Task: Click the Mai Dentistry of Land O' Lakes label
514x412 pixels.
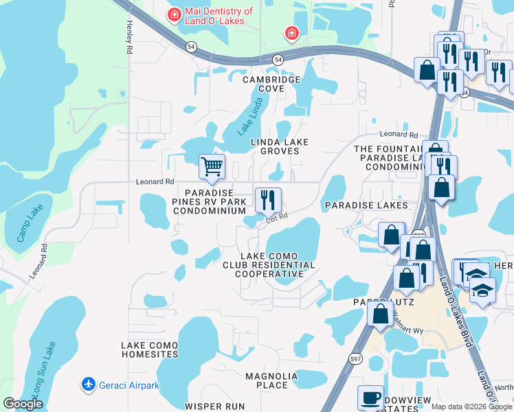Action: pos(219,16)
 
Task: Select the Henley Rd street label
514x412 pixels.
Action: pos(128,36)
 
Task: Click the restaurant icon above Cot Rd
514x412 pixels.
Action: pos(267,200)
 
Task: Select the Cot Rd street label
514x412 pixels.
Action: pos(276,218)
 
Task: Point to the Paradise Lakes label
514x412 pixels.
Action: pos(366,205)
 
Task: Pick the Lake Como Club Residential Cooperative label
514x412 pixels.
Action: pos(269,264)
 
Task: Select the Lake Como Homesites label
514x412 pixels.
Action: pos(149,350)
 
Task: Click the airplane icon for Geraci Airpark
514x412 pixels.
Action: pos(88,385)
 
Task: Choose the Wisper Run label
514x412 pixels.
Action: pos(214,407)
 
